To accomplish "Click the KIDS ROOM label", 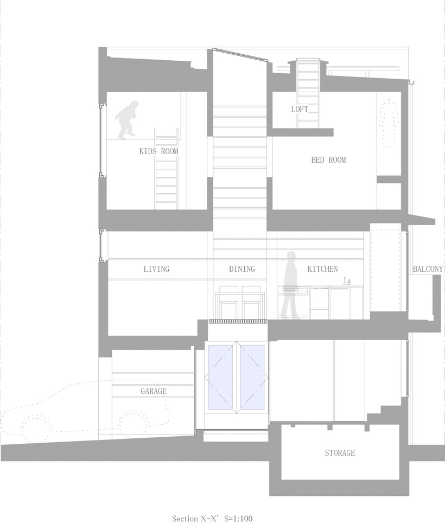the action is pos(159,151).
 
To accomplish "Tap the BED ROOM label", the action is pos(328,160).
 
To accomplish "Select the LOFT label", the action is pos(300,109).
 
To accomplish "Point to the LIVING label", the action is pos(156,269).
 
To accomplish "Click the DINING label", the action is pos(242,269).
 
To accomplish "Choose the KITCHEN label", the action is pos(322,269).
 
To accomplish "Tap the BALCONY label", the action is pos(428,269).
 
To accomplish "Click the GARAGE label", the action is pos(154,391).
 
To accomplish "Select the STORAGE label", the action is pos(340,452).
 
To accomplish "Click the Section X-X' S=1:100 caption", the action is pos(212,518).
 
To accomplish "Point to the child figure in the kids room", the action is pos(127,120).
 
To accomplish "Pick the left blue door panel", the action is pos(221,377).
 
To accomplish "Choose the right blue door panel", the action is pos(252,377).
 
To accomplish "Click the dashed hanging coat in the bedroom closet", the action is pos(389,123).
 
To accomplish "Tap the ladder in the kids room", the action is pos(166,169).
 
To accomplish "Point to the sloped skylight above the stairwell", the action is pos(240,55).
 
